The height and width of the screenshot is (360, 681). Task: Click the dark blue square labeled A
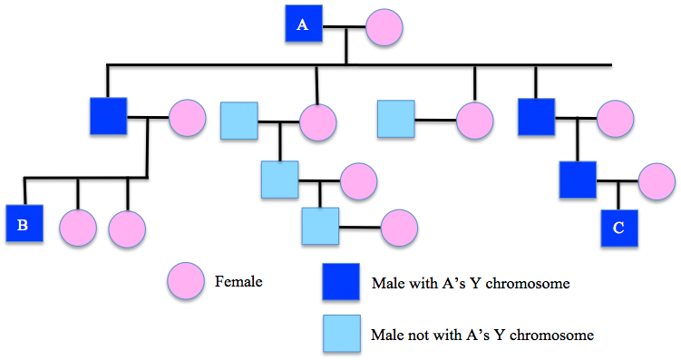302,25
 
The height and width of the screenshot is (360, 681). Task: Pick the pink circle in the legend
186,282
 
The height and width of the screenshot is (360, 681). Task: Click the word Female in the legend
238,281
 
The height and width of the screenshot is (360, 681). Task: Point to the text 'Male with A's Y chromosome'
471,283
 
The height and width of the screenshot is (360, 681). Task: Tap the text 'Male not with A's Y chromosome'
482,335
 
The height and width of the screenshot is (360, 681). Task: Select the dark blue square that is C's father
578,179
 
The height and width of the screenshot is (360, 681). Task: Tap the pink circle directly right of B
78,229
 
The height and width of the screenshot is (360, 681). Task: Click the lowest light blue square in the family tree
320,226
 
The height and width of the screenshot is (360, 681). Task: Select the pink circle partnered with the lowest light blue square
399,228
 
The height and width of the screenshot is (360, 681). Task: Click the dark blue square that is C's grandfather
536,117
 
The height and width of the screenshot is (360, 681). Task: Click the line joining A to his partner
345,26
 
